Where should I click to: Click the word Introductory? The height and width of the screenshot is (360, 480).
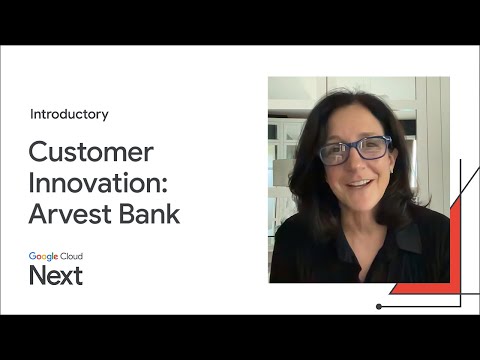coord(69,114)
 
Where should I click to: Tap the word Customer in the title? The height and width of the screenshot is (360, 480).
coord(91,152)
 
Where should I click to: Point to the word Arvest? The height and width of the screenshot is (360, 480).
coord(70,214)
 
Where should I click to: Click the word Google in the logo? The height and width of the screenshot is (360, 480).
coord(43,256)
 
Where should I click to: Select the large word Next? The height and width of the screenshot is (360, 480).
coord(56,276)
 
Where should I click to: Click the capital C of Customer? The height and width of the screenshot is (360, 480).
coord(38,152)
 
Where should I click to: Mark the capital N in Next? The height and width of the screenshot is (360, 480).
coord(37,276)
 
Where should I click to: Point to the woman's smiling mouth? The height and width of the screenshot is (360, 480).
coord(360,185)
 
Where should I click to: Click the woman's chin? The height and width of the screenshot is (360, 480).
coord(361,202)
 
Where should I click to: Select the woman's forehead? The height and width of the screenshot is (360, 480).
coord(351,122)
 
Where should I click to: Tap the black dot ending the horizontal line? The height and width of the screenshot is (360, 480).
coord(379,306)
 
